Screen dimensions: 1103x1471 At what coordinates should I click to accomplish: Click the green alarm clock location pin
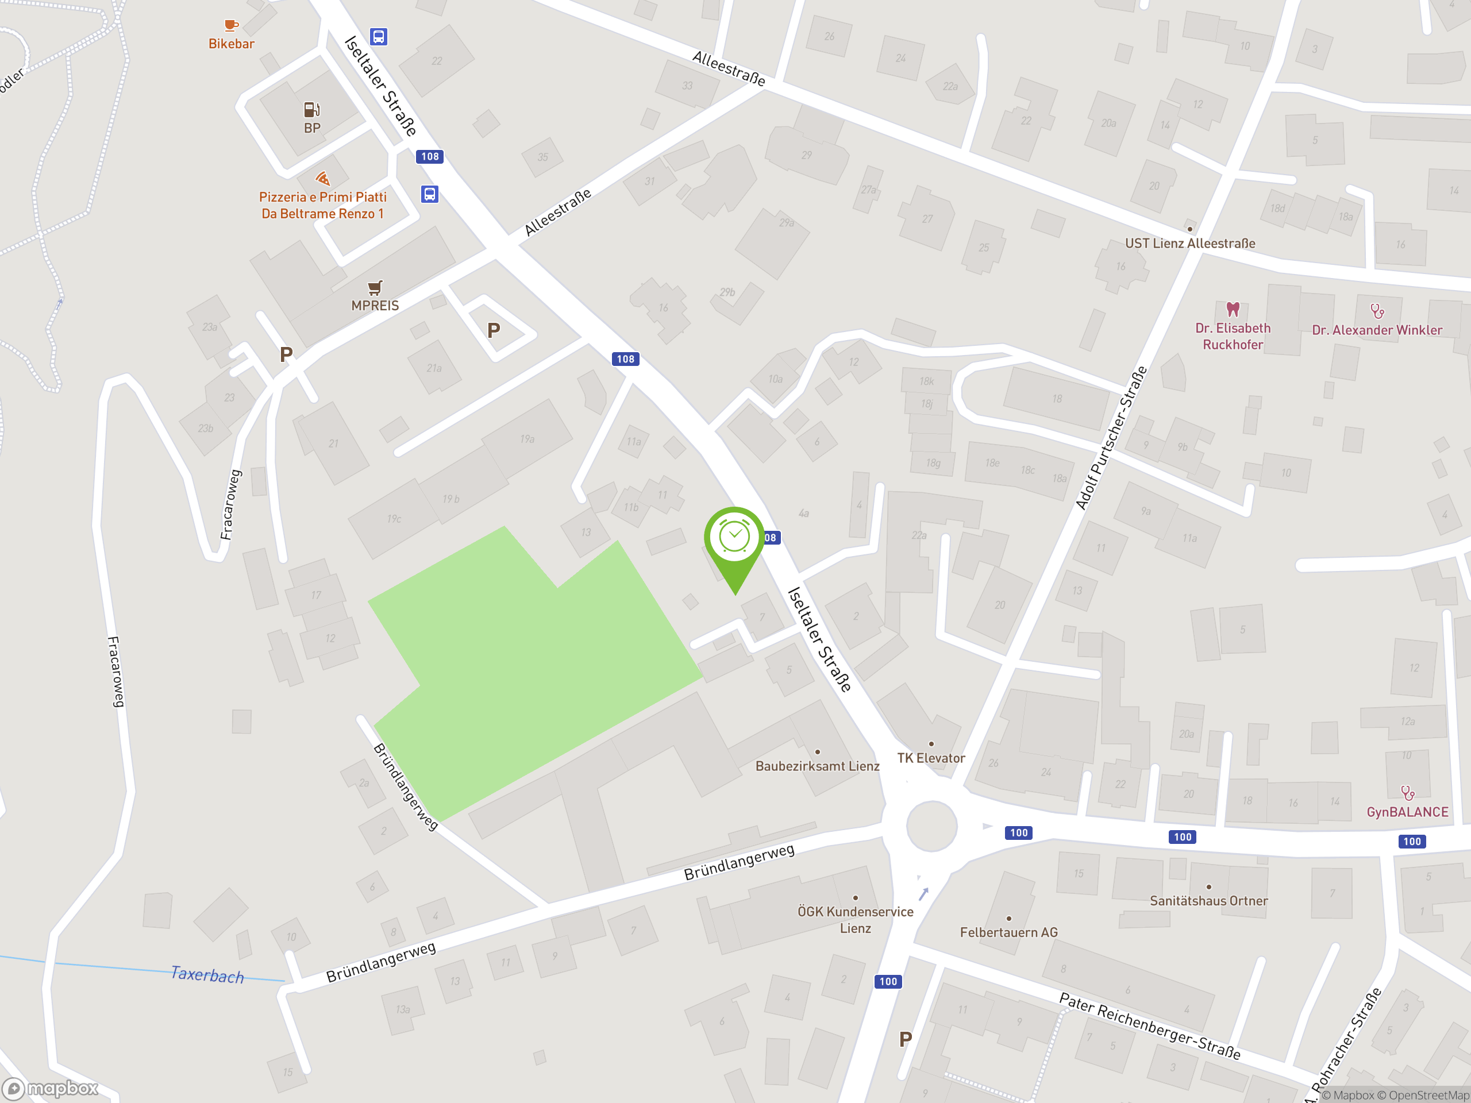tap(734, 538)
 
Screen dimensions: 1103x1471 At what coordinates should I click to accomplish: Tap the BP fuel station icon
tap(312, 109)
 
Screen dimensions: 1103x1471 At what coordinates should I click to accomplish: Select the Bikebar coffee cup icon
tap(231, 26)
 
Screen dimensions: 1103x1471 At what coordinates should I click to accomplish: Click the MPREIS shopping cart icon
tap(375, 287)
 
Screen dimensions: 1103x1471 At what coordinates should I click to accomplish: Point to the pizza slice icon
tap(322, 178)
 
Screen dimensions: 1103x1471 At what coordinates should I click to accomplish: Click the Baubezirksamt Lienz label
tap(817, 766)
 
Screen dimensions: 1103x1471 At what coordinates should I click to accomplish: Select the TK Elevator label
tap(931, 758)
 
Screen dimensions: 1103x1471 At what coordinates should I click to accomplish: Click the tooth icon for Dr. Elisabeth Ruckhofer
tap(1233, 309)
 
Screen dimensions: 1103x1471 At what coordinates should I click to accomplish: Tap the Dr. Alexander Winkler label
tap(1377, 330)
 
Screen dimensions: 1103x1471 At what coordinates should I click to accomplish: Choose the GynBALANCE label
tap(1407, 812)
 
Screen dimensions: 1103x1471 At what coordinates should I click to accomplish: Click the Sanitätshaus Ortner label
tap(1208, 901)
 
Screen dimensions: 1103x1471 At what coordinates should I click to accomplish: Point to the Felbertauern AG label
tap(1008, 932)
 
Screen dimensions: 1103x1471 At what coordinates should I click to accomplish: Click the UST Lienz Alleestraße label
tap(1189, 244)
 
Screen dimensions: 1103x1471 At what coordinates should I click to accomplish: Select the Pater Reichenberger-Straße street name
tap(1149, 1025)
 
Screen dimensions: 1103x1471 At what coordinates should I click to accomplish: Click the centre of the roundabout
tap(931, 826)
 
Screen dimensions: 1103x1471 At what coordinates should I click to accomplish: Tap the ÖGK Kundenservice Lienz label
tap(855, 920)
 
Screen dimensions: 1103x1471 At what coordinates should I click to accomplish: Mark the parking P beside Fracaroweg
tap(286, 354)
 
